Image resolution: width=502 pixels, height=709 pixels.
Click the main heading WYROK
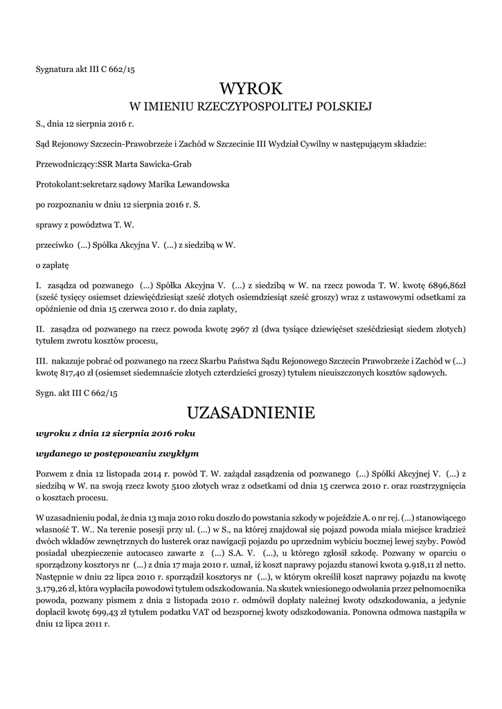[251, 89]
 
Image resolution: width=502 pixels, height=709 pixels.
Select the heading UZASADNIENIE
[251, 413]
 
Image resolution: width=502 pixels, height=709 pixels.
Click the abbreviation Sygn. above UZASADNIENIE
[46, 393]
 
